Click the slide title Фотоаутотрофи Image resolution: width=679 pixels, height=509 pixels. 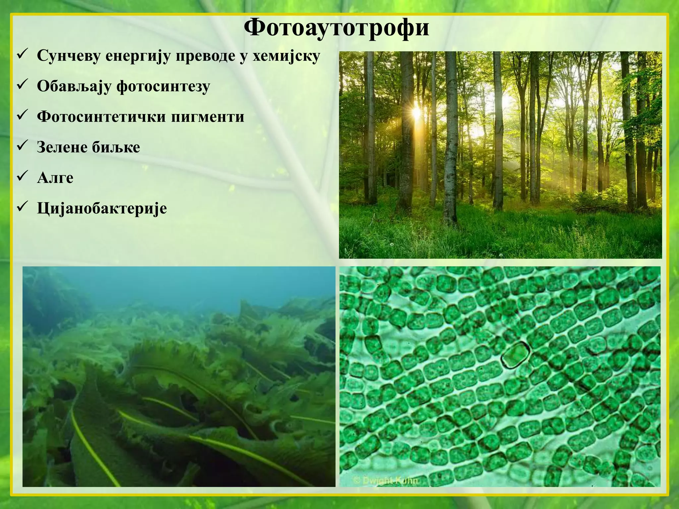[x=336, y=28]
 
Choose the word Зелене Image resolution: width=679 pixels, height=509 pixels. [x=61, y=147]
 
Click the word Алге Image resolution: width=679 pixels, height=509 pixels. [x=55, y=178]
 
